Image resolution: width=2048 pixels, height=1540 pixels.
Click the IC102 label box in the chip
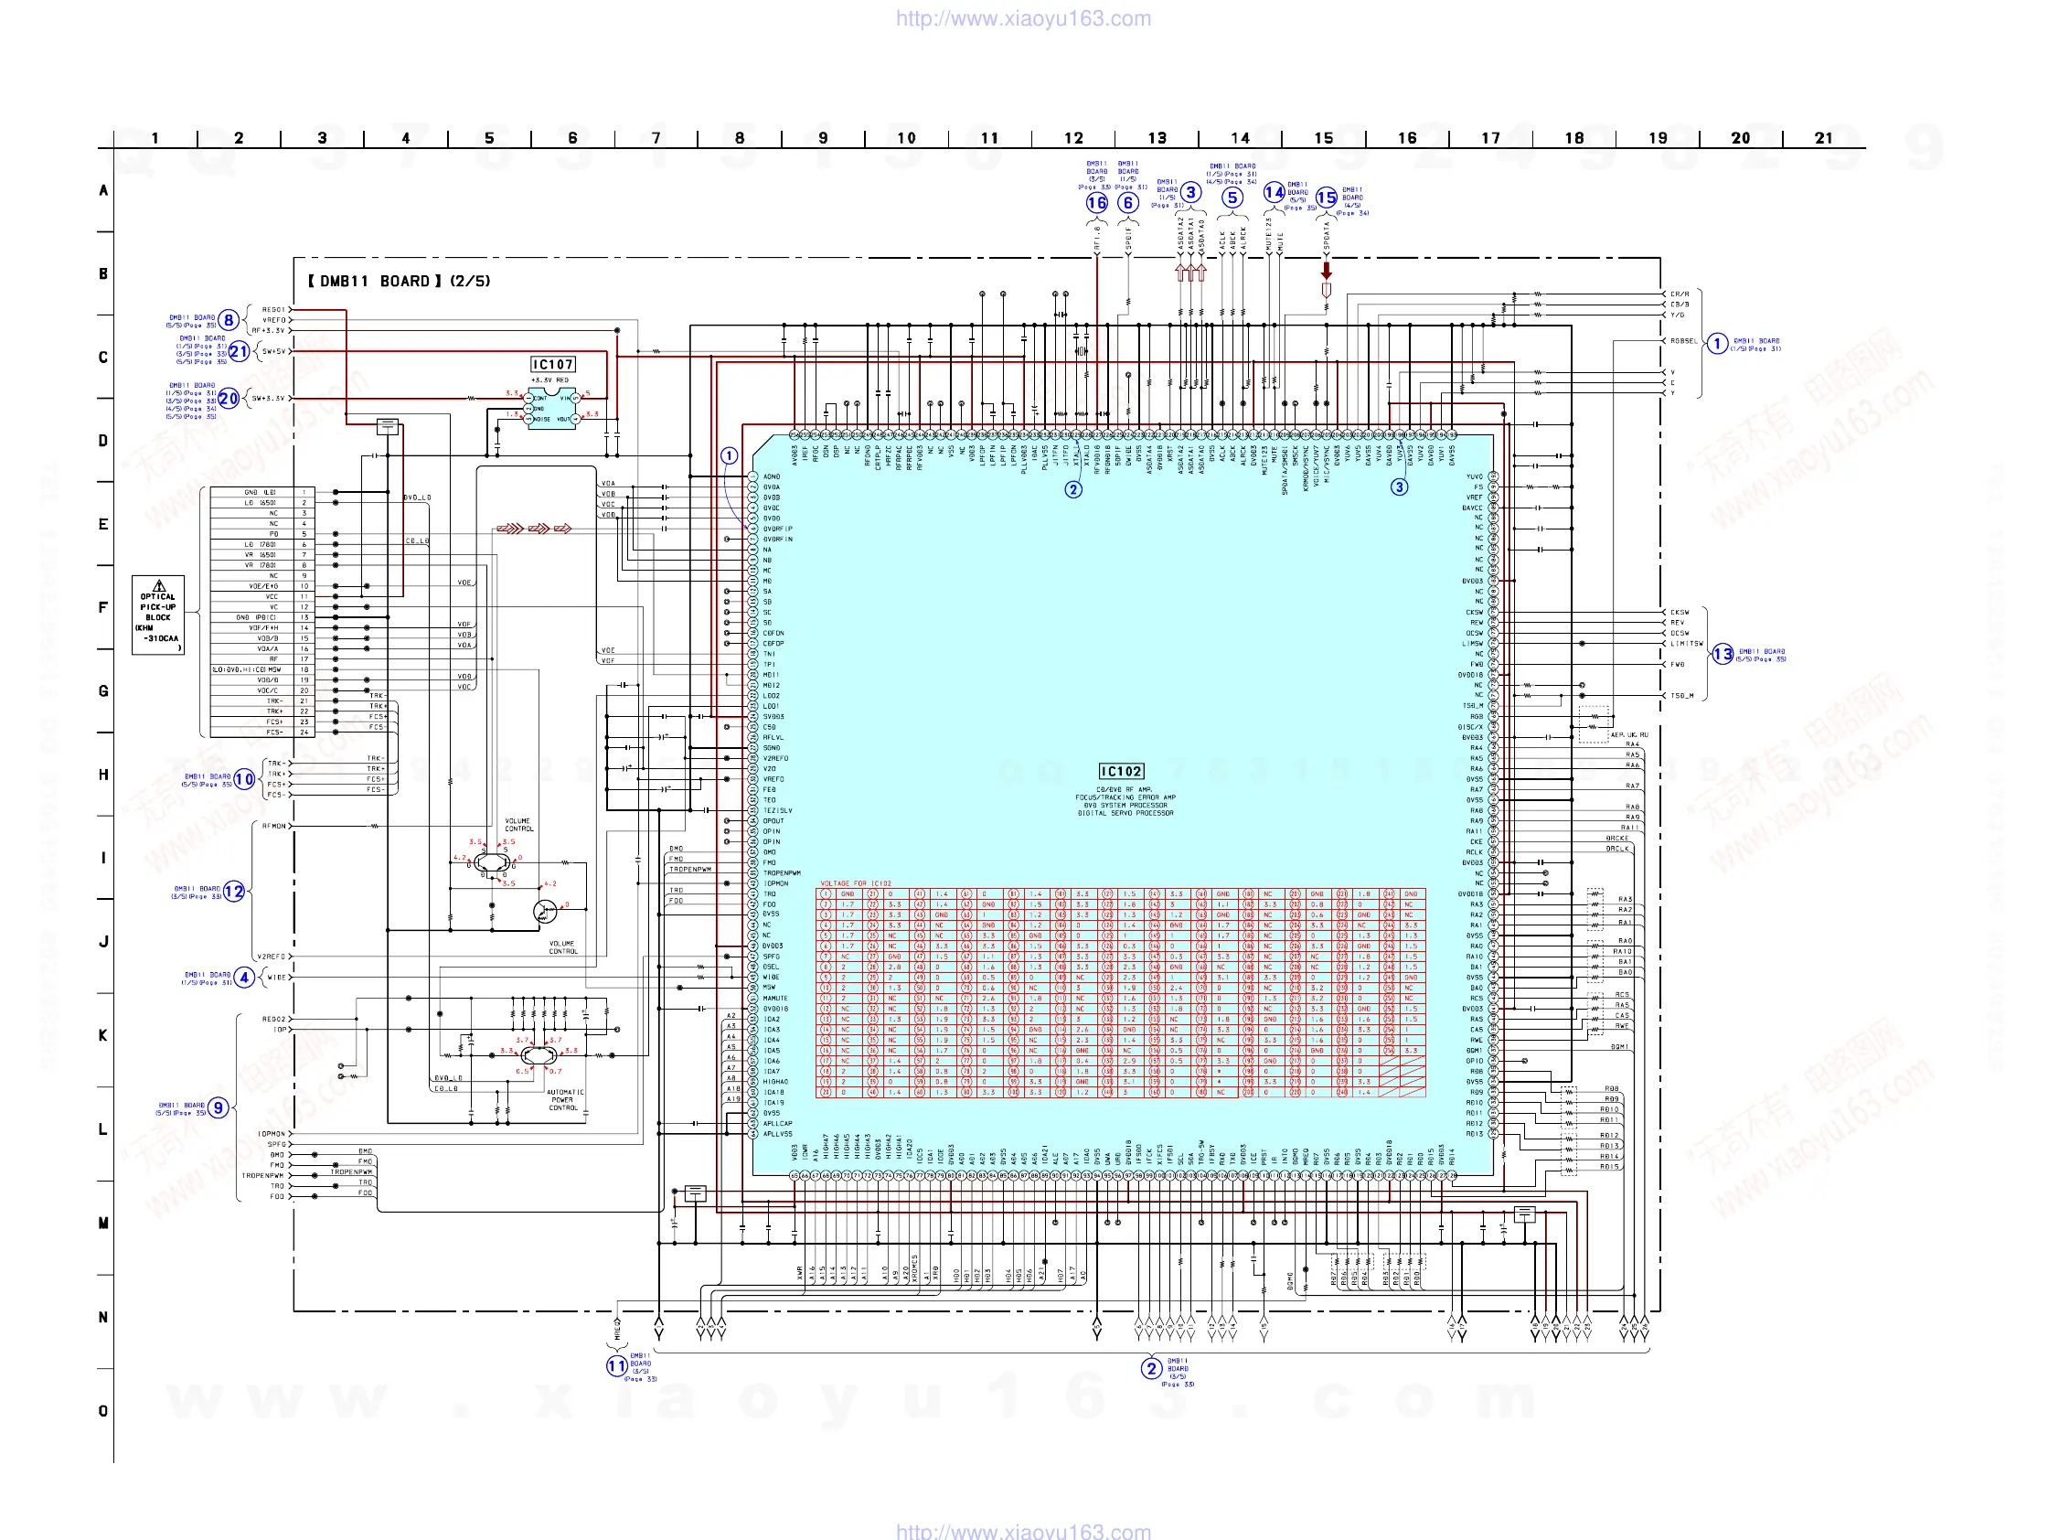click(1120, 772)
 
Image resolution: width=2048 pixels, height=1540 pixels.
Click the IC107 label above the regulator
click(553, 365)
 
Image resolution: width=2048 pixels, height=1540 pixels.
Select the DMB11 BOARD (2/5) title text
click(399, 281)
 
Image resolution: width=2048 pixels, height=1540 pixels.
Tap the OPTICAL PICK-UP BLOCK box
click(158, 615)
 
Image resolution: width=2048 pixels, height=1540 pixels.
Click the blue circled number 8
click(229, 320)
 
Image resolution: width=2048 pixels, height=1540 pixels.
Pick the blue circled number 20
click(229, 399)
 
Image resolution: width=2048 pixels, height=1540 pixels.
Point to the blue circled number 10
click(244, 779)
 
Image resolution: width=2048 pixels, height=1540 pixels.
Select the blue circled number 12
click(234, 891)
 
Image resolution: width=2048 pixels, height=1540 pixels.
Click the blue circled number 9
click(219, 1107)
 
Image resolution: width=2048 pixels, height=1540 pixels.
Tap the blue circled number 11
click(616, 1366)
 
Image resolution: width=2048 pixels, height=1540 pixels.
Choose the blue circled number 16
click(1097, 203)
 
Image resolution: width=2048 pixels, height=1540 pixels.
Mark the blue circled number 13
click(1723, 655)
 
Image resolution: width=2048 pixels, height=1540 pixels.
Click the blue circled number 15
click(1327, 198)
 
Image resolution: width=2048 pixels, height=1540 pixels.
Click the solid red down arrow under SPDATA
click(1327, 271)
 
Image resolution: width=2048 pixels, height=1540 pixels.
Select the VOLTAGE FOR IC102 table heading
click(856, 883)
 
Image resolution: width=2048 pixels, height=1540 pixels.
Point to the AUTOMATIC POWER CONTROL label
click(564, 1100)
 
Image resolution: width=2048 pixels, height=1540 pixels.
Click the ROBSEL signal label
click(1684, 341)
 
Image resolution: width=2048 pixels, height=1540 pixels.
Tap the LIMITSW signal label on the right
click(1686, 644)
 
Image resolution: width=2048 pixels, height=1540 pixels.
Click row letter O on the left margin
click(103, 1411)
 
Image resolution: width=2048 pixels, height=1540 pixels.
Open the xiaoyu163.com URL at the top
click(1023, 18)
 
